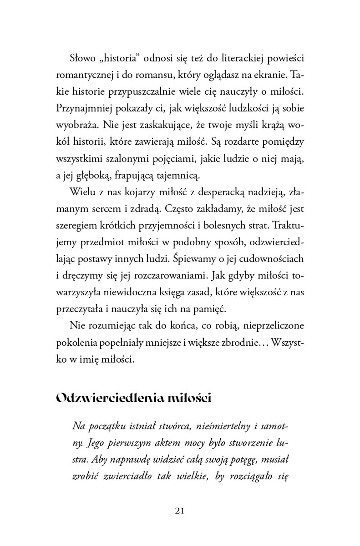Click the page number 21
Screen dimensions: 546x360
(x=179, y=510)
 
